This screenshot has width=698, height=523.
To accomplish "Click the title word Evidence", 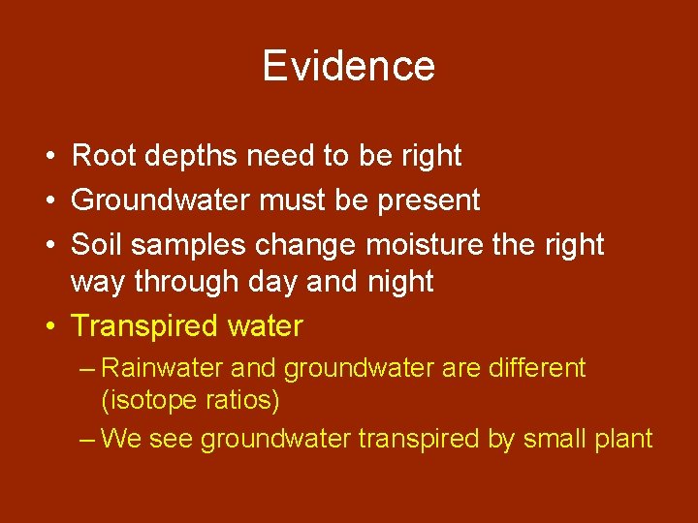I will pyautogui.click(x=348, y=66).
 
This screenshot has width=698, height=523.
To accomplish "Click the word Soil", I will pyautogui.click(x=97, y=244).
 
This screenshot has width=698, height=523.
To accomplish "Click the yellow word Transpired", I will pyautogui.click(x=145, y=326).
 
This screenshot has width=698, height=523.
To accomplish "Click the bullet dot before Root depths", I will pyautogui.click(x=48, y=157).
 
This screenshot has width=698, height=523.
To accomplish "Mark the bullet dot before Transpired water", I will pyautogui.click(x=48, y=327).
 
